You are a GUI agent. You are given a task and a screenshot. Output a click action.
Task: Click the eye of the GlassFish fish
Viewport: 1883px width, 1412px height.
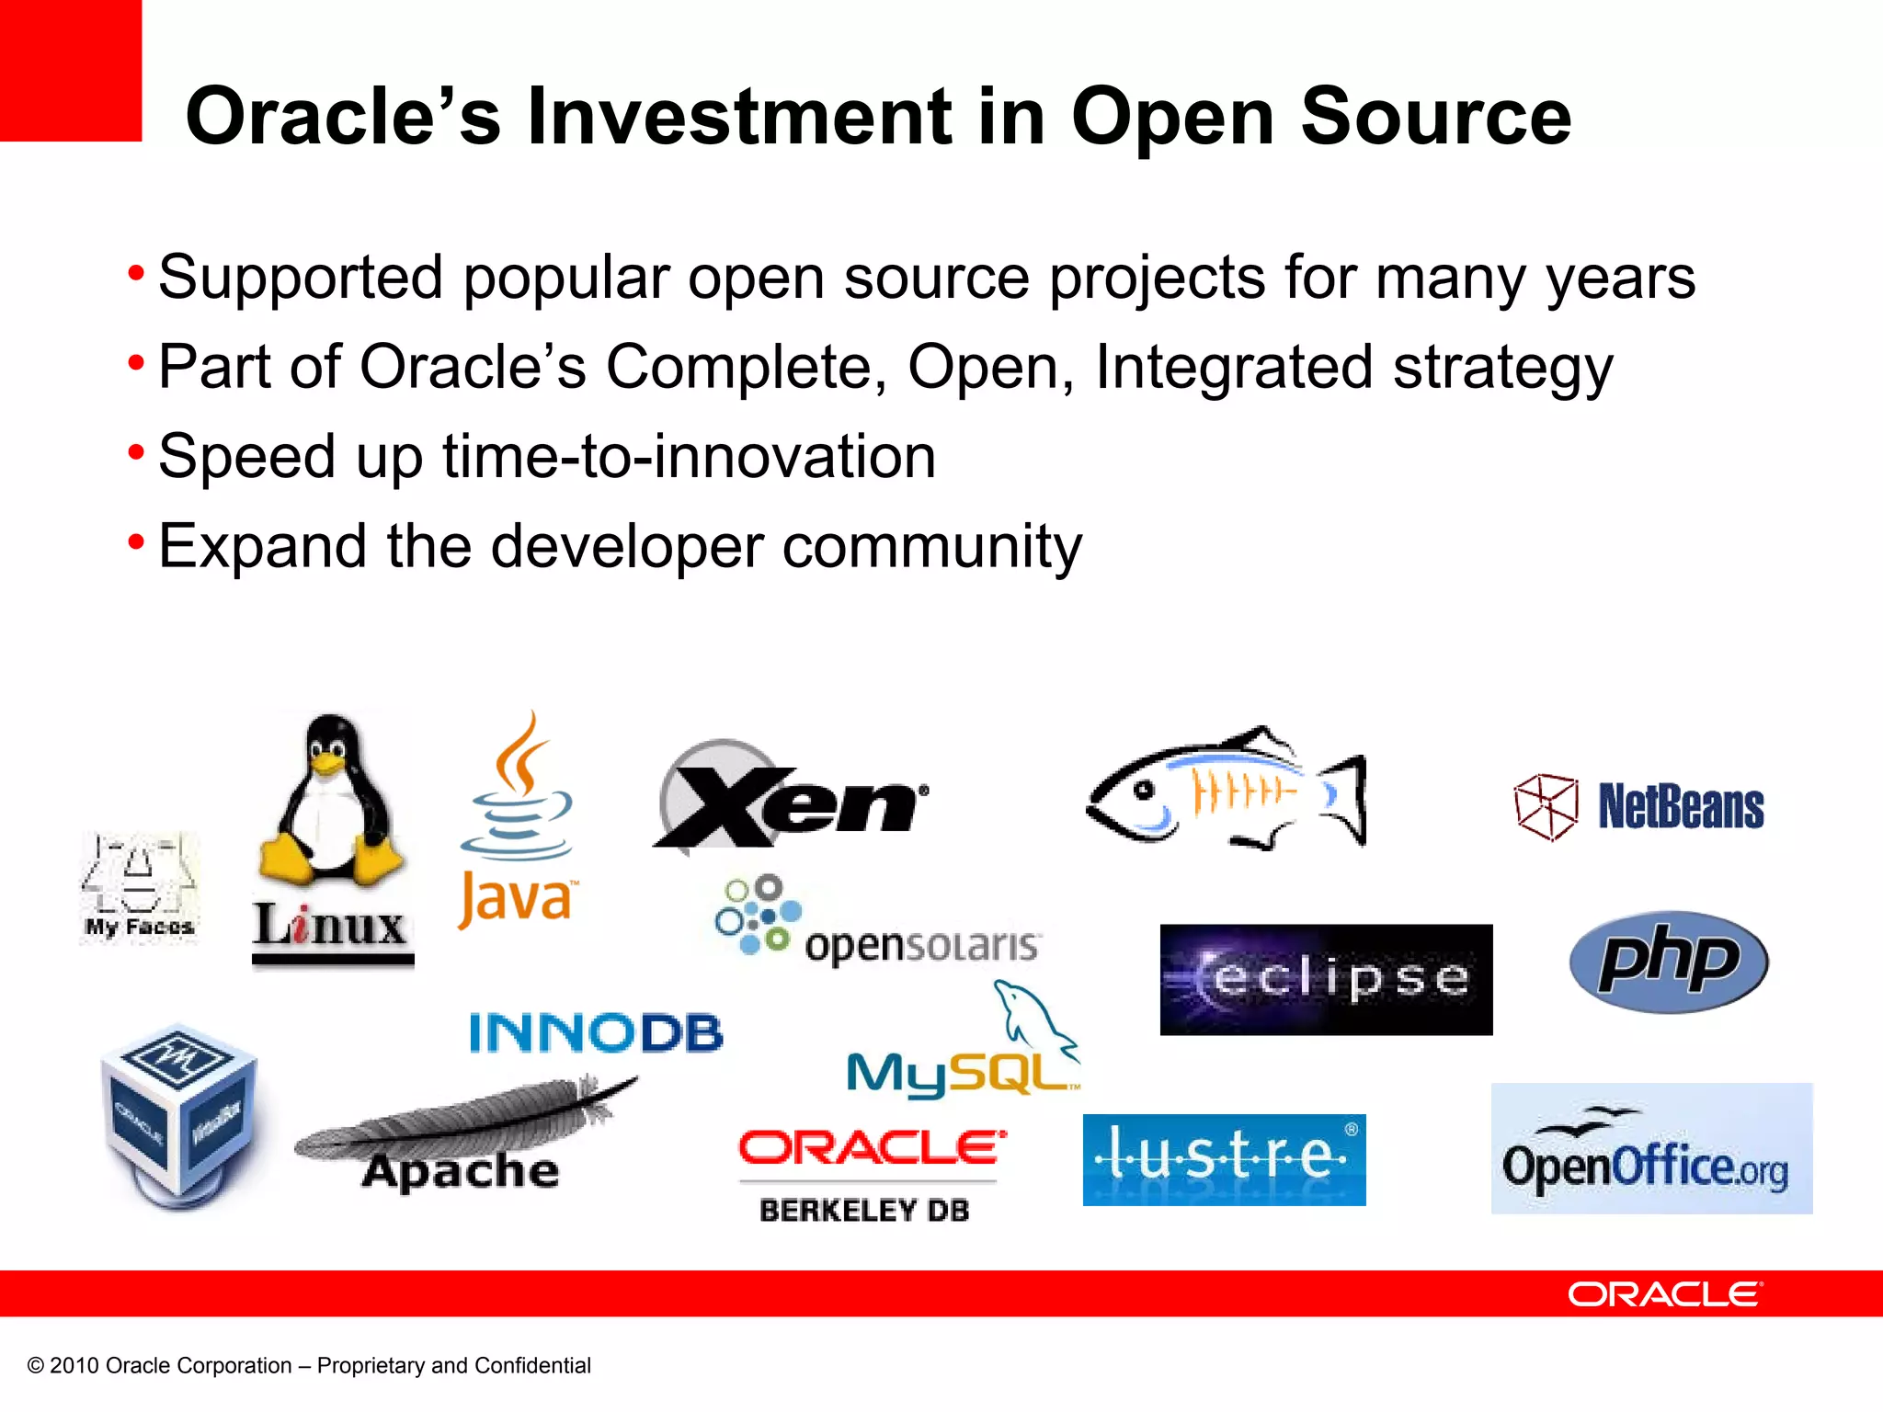pyautogui.click(x=1144, y=790)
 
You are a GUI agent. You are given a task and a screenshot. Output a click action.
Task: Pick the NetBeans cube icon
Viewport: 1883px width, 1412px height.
pyautogui.click(x=1546, y=807)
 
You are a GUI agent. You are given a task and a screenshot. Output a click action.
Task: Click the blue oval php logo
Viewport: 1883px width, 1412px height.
pyautogui.click(x=1668, y=962)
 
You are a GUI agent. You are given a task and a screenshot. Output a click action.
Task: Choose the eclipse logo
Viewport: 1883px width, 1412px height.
pyautogui.click(x=1326, y=979)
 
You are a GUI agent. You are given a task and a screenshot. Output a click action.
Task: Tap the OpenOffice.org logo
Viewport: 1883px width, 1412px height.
pyautogui.click(x=1651, y=1149)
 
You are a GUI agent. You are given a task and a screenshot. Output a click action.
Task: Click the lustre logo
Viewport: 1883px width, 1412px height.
pyautogui.click(x=1224, y=1159)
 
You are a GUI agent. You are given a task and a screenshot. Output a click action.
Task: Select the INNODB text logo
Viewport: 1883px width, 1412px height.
pyautogui.click(x=596, y=1032)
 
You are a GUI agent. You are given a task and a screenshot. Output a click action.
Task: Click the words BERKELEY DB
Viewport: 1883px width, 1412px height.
pyautogui.click(x=864, y=1211)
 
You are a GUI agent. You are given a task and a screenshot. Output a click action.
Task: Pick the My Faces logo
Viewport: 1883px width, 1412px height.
pyautogui.click(x=139, y=887)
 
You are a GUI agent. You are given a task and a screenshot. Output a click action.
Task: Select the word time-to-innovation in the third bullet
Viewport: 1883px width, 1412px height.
pyautogui.click(x=689, y=456)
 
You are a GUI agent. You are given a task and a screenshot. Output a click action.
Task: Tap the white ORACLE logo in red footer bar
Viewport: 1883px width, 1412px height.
pyautogui.click(x=1664, y=1294)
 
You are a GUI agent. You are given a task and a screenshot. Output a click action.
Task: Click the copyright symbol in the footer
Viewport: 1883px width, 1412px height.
pyautogui.click(x=36, y=1366)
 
